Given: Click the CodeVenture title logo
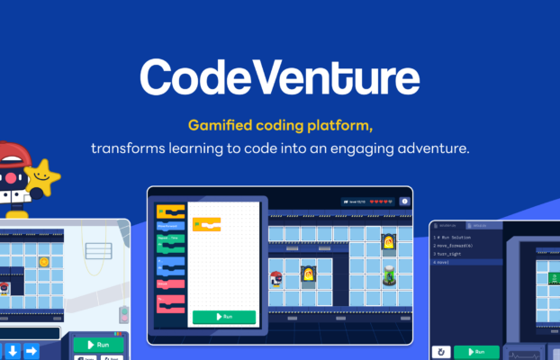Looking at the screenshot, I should (280, 78).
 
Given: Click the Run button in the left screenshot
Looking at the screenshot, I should (98, 345).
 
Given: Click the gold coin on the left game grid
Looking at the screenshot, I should (43, 262).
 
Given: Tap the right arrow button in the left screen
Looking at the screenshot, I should (31, 350).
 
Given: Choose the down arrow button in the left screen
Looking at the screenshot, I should (13, 350).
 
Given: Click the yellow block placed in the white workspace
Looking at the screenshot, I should (206, 224).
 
